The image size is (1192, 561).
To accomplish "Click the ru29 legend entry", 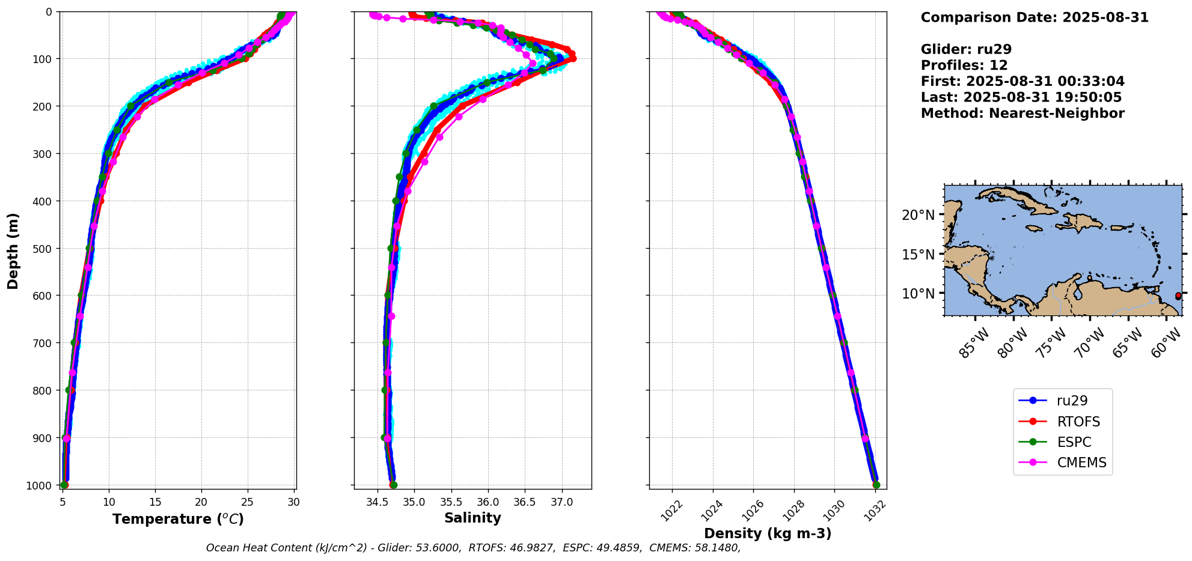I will (1072, 401).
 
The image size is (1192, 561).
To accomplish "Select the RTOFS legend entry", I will (1078, 422).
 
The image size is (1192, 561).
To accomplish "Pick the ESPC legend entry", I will (1074, 442).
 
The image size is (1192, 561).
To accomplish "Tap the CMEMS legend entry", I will (1081, 462).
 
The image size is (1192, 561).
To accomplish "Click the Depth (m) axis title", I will (13, 250).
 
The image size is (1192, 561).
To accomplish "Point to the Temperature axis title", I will (178, 519).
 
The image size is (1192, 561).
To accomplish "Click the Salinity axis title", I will (472, 518).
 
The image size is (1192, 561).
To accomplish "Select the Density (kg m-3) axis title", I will (768, 533).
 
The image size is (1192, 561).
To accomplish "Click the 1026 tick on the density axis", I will (751, 511).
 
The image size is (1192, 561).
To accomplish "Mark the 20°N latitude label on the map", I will (918, 215).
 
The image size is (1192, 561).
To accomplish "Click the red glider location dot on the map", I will (1178, 296).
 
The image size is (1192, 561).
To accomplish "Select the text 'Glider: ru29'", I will (966, 49).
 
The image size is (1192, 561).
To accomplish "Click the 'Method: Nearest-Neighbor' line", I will (1022, 113).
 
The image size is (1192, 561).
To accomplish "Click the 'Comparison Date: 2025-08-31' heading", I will (1035, 17).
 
